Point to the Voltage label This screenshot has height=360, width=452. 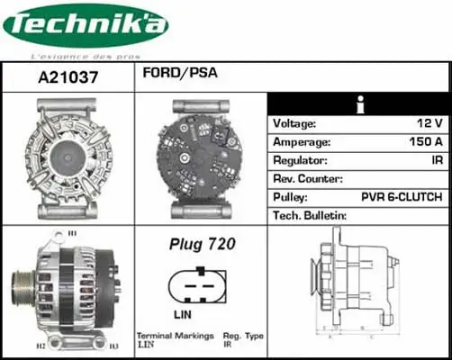pyautogui.click(x=294, y=124)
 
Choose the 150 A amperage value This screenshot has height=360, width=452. pyautogui.click(x=424, y=142)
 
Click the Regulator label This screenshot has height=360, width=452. pyautogui.click(x=300, y=160)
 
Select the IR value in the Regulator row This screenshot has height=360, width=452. pyautogui.click(x=435, y=160)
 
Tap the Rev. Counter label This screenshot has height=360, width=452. pyautogui.click(x=307, y=178)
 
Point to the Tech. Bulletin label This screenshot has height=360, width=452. pyautogui.click(x=310, y=215)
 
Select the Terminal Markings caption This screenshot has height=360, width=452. pyautogui.click(x=175, y=336)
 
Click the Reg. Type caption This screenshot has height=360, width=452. pyautogui.click(x=242, y=336)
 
